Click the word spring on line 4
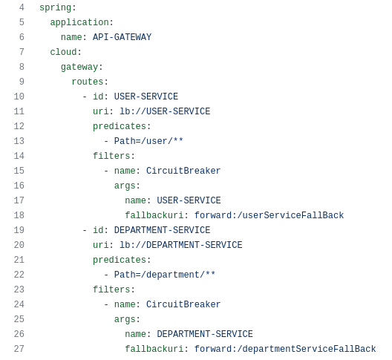tap(55, 8)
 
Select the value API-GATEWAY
tap(122, 38)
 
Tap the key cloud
tap(63, 53)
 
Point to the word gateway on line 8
tap(79, 68)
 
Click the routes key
tap(87, 82)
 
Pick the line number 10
tap(19, 97)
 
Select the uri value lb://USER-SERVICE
tap(165, 112)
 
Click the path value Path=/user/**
tap(148, 142)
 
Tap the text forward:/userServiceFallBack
tap(269, 216)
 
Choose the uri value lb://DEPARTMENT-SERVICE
tap(180, 246)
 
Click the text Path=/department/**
tap(165, 275)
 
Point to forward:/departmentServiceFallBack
tap(285, 350)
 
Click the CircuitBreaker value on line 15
tap(183, 171)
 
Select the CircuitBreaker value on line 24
tap(183, 305)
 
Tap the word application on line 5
tap(79, 23)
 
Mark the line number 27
tap(19, 350)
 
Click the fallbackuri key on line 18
tap(154, 216)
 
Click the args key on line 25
tap(125, 320)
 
